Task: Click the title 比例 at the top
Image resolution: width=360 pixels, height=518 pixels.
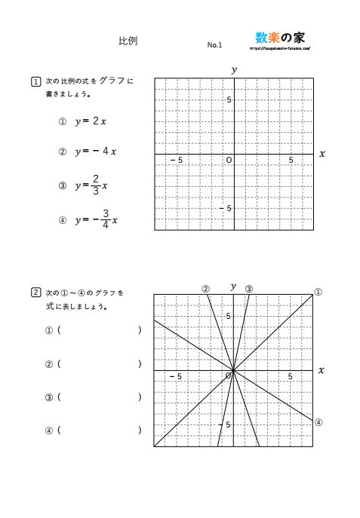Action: click(128, 42)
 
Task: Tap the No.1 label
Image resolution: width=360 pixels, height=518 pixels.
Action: click(214, 45)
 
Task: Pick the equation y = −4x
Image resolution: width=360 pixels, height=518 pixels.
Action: click(95, 152)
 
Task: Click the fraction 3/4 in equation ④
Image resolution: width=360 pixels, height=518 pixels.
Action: click(106, 219)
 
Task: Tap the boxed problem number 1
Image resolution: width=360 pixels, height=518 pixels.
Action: click(35, 82)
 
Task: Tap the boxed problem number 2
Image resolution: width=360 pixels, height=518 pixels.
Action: click(35, 292)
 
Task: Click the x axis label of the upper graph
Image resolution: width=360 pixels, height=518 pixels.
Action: click(322, 154)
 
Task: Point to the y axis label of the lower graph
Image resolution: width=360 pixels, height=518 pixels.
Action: click(234, 287)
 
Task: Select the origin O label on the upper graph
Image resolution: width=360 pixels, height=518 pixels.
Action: click(228, 161)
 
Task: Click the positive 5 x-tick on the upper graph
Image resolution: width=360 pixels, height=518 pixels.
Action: click(291, 161)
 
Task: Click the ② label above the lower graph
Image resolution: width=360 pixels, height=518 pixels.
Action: click(205, 289)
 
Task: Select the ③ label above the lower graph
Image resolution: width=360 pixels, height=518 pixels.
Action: click(249, 289)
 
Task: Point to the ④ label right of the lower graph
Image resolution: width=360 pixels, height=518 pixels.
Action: click(318, 422)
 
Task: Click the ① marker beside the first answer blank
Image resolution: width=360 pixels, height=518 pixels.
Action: click(50, 330)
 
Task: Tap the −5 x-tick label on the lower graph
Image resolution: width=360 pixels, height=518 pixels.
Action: click(176, 376)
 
